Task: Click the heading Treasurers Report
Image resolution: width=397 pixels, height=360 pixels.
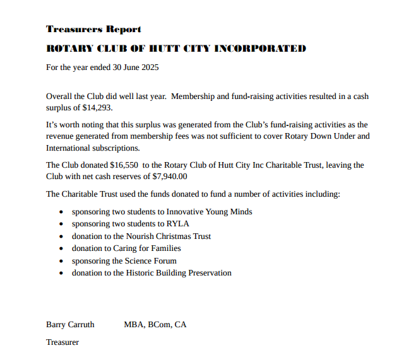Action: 93,29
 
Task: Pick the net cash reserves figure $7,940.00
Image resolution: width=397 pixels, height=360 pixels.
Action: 170,177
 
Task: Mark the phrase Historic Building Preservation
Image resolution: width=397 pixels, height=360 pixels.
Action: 179,273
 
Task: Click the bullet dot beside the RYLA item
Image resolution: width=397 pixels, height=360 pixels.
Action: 61,224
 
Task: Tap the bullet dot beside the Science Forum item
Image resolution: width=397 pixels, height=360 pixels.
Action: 61,261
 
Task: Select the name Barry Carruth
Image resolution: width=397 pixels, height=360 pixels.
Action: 70,325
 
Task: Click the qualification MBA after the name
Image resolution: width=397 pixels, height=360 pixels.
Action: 133,325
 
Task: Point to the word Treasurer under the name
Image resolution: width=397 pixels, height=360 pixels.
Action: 62,342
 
